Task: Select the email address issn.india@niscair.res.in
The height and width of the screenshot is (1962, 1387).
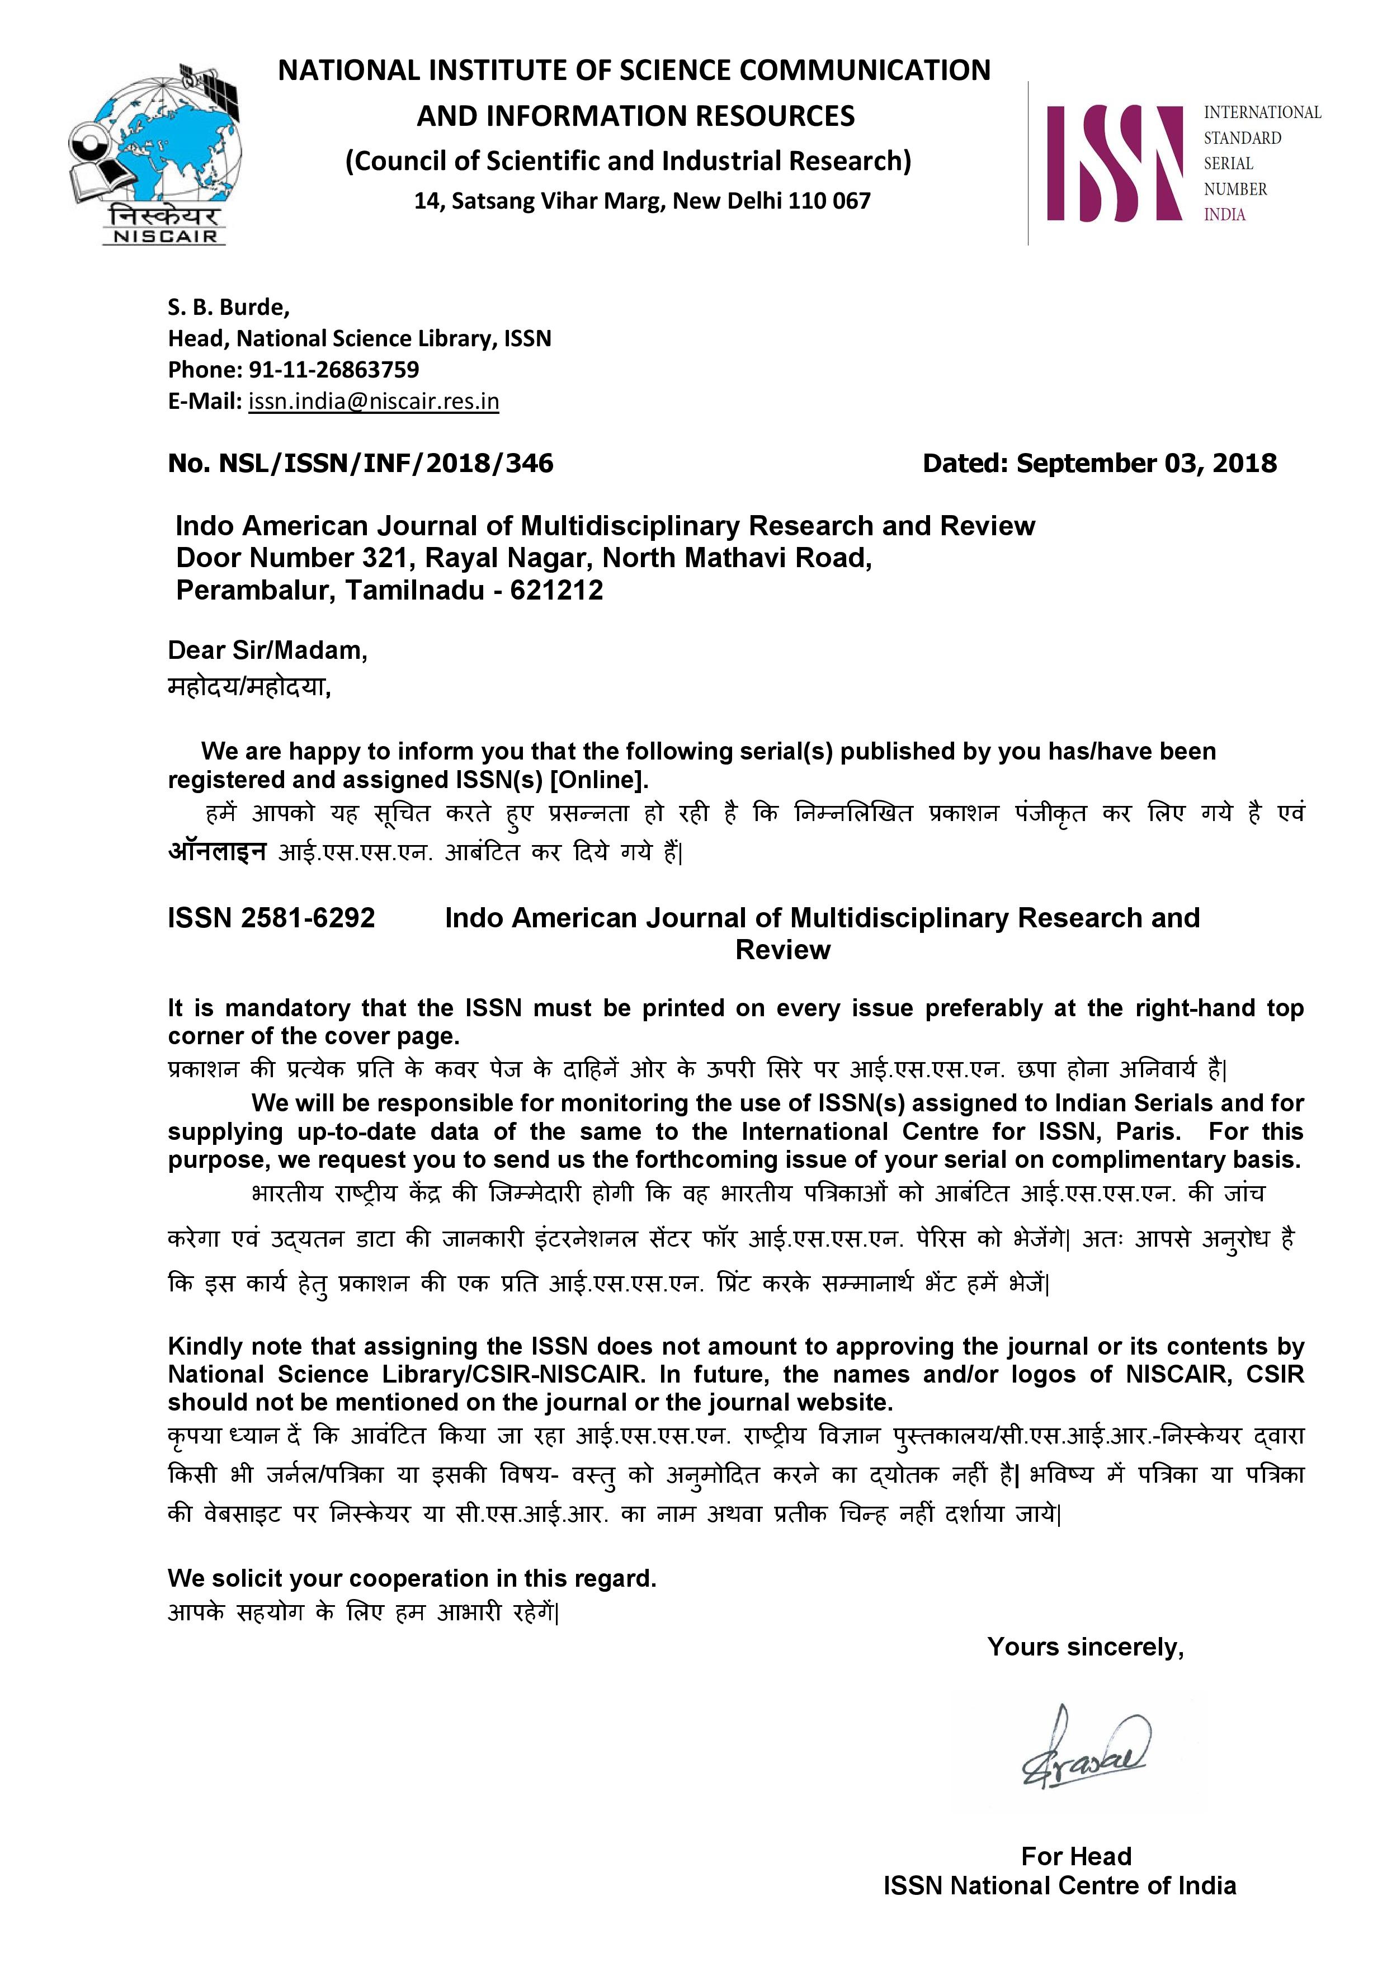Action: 374,401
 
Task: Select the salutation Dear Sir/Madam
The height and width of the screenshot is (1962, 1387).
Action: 267,650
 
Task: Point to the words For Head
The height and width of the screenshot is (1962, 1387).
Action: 1076,1856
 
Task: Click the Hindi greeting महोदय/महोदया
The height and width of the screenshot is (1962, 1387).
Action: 249,686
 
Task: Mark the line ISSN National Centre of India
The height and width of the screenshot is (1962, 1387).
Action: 1060,1886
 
